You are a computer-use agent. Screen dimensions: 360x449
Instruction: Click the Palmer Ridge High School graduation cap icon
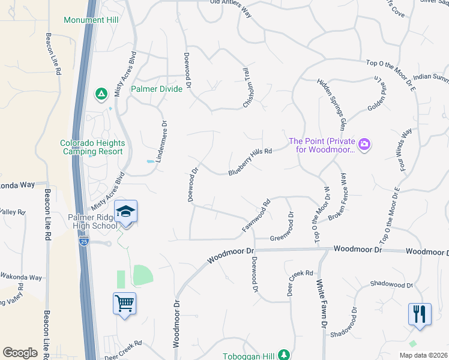(x=125, y=212)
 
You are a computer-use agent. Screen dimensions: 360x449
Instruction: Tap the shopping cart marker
(x=125, y=304)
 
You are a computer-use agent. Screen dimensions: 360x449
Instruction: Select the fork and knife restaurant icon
(x=420, y=314)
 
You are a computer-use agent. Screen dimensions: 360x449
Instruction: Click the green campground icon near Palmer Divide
(x=101, y=94)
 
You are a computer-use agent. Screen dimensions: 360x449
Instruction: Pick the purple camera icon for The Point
(x=364, y=145)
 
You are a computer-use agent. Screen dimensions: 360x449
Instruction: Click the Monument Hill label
(x=91, y=20)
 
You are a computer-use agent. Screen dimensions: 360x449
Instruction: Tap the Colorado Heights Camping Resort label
(x=92, y=147)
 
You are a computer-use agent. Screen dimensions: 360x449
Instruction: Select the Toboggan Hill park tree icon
(x=285, y=355)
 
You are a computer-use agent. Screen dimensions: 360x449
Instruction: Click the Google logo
(x=20, y=353)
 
